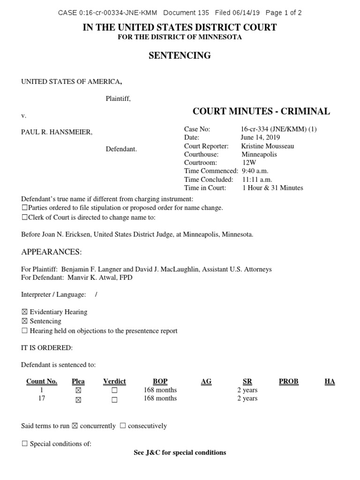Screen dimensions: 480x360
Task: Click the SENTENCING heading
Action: coord(180,56)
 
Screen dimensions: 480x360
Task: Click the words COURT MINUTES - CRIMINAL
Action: coord(261,111)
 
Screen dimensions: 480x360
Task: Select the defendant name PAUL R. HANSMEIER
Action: coord(57,132)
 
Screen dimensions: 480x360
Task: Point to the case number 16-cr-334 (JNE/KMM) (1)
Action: coord(279,129)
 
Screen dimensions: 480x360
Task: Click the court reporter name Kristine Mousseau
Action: coord(268,146)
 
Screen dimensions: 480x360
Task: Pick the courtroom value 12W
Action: coord(249,163)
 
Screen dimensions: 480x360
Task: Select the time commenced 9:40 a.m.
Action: coord(255,171)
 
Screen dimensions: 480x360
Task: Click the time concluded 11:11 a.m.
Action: coord(257,180)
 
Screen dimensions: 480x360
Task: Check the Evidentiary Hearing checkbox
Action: coord(24,312)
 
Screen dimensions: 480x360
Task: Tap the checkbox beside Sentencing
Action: coord(24,321)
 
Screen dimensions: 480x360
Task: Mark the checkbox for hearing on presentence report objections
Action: coord(24,330)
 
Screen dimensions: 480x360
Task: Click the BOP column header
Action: coord(160,382)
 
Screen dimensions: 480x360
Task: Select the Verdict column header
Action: coord(114,382)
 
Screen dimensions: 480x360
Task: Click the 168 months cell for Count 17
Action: coord(160,398)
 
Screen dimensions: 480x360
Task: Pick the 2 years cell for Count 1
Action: coord(247,390)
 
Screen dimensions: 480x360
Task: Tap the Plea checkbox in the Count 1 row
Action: coord(78,390)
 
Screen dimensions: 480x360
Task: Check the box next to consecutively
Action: coord(122,426)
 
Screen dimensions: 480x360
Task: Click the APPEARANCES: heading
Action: coord(52,252)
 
